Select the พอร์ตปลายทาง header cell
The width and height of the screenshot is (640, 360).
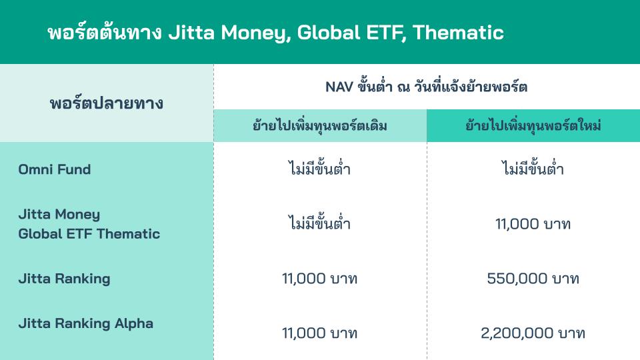(107, 104)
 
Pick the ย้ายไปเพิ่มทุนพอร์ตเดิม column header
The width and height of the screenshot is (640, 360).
(320, 126)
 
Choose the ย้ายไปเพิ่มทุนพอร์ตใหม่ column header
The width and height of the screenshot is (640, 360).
(533, 126)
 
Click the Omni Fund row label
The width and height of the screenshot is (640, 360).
(55, 169)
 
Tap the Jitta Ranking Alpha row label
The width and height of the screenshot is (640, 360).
(85, 323)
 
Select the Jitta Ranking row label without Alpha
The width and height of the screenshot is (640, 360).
(64, 279)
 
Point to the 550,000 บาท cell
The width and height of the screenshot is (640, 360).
(533, 279)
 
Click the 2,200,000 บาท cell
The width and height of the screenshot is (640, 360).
(533, 333)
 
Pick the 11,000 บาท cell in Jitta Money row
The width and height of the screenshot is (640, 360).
(533, 224)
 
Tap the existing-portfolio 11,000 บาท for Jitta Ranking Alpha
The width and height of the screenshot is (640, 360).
(320, 333)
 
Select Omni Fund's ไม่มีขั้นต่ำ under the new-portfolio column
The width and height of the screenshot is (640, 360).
(533, 169)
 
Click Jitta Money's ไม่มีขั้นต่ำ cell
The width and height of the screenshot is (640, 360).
(320, 224)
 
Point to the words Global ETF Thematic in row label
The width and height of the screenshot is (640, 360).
(89, 234)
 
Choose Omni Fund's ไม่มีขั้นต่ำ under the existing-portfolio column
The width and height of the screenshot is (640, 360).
(320, 169)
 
